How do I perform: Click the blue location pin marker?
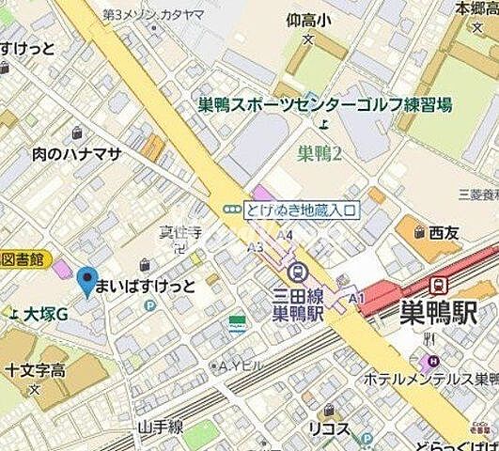pos(86,281)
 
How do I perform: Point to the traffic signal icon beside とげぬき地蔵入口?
pos(228,210)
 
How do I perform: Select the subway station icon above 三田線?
pos(299,272)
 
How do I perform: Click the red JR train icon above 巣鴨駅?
pos(437,284)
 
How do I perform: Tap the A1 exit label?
pos(355,297)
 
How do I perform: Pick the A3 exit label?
pos(255,248)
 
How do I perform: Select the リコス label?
pos(330,429)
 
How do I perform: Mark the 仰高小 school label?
pos(312,18)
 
